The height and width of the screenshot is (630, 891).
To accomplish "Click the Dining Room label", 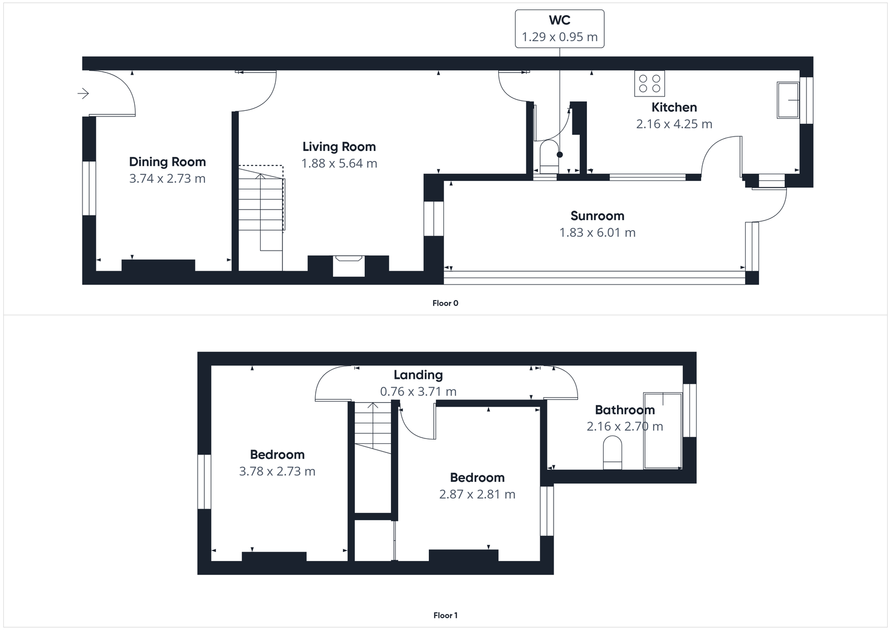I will pos(167,162).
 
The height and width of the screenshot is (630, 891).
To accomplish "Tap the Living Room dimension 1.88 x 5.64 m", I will pos(339,164).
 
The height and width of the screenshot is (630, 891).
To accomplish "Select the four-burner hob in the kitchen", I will pos(649,83).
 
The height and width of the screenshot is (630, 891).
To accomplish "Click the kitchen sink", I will pos(787,100).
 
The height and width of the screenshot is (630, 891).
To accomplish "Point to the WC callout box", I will pos(559,28).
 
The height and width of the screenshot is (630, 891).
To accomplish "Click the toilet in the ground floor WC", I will pos(549,158).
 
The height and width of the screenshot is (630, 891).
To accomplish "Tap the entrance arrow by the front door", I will pos(83,94).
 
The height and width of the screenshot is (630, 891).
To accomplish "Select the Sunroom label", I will pos(597,216).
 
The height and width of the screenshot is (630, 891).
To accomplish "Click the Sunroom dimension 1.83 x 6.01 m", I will pos(597,233).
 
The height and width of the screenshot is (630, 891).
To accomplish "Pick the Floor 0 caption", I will pos(445,303).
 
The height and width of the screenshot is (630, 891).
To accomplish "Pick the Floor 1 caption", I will pos(445,616).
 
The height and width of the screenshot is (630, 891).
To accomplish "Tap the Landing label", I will pos(418,375).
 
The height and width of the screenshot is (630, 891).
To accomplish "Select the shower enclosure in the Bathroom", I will pos(663,430).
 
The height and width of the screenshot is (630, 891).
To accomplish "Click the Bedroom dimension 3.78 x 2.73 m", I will pos(277,472).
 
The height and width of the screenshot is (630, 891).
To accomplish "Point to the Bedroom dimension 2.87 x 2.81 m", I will pos(477,495).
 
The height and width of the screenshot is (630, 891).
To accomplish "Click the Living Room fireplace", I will pos(348,265).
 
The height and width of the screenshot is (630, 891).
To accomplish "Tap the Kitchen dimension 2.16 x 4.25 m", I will pos(674,124).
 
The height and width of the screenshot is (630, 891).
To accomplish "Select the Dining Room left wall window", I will pos(89,188).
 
